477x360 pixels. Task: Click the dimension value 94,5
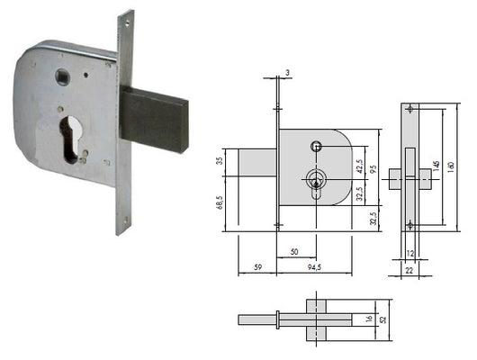(314, 267)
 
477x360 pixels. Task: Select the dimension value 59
(257, 267)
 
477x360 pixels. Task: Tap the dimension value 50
(294, 252)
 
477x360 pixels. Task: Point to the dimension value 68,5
(220, 202)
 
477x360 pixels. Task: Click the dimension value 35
(220, 160)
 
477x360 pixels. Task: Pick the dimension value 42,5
(360, 166)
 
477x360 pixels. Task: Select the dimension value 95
(373, 169)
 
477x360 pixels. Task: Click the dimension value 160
(451, 166)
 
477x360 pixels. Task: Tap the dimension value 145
(436, 166)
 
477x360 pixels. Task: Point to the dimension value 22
(409, 270)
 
